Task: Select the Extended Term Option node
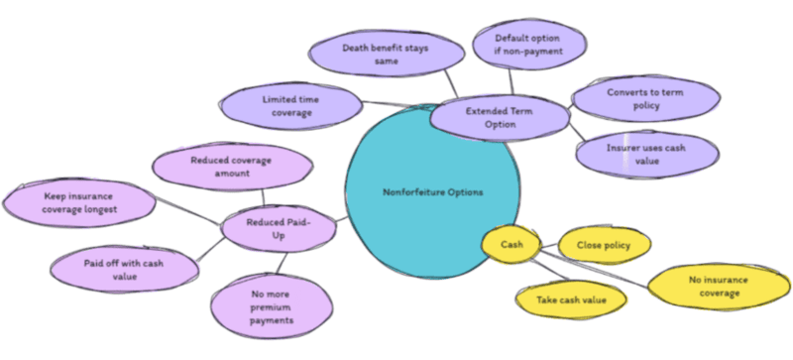500,117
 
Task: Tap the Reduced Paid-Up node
279,227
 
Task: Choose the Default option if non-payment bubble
527,45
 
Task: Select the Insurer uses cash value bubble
646,155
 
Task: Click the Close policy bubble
605,243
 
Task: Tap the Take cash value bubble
571,299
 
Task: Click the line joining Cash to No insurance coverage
595,268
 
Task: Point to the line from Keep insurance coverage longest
188,212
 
